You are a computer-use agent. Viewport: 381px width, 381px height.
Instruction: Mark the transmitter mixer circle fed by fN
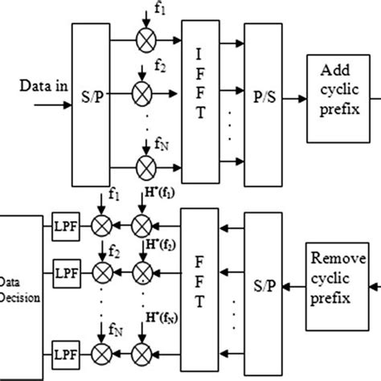[x=146, y=167]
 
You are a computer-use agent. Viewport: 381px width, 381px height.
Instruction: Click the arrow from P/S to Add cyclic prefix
[x=294, y=100]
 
